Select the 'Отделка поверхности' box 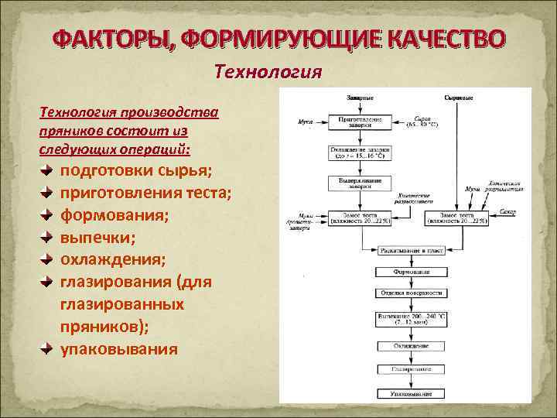click(411, 293)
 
